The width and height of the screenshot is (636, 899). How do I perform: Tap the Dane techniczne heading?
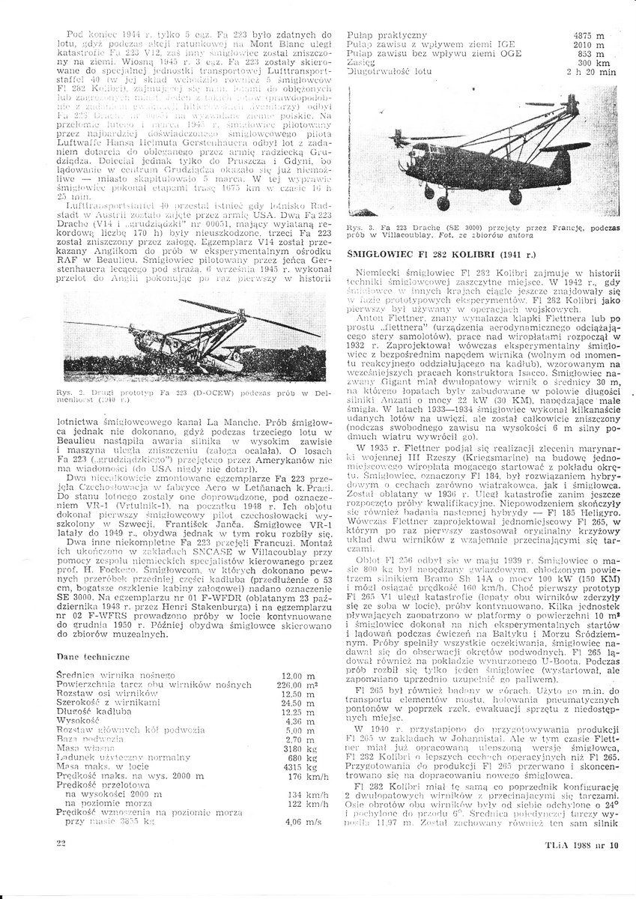[93, 656]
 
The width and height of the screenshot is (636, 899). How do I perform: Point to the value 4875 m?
[588, 35]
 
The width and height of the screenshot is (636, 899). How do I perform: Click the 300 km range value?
[591, 64]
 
